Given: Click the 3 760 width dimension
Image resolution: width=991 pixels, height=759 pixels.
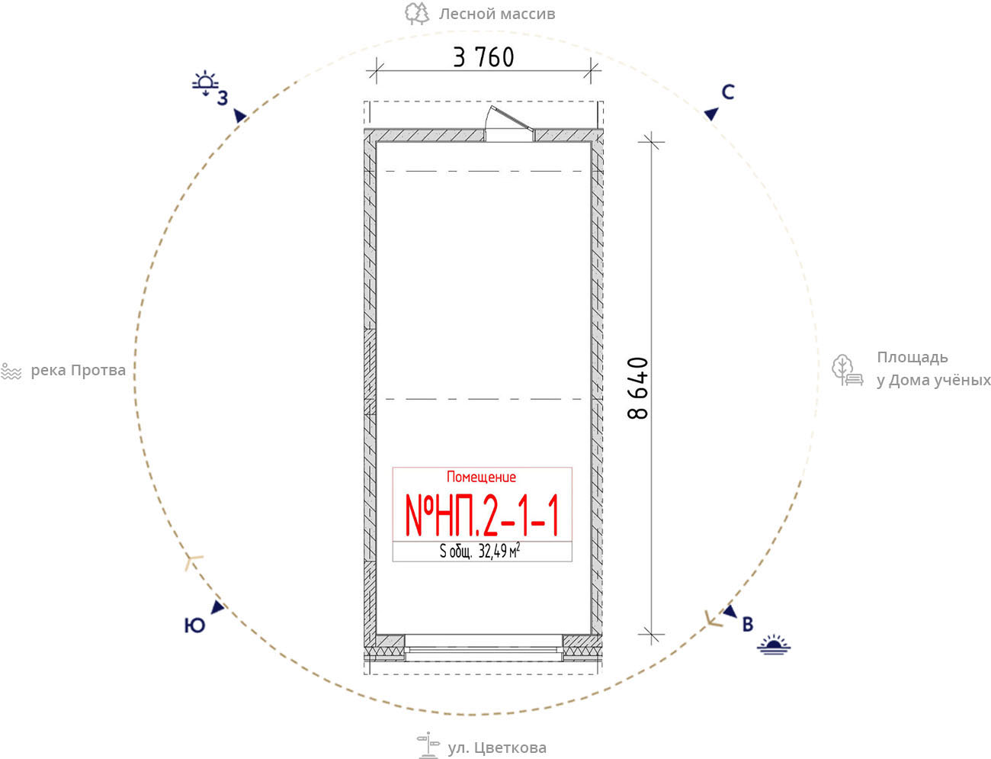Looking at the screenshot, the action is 483,57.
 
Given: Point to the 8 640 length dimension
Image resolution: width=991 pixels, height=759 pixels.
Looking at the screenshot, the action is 638,388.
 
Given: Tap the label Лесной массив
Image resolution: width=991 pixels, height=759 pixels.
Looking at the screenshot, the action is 497,14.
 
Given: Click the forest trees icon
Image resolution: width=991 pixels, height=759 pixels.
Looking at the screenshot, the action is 417,14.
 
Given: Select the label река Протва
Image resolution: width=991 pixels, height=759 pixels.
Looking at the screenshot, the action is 78,371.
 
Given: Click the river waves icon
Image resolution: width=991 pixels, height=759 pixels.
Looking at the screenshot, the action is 11,371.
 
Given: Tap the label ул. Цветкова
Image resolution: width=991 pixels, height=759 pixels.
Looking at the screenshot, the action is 497,748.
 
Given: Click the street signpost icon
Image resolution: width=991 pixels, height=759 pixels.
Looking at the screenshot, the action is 428,745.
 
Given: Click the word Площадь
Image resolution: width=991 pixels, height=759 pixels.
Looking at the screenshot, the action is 912,358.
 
